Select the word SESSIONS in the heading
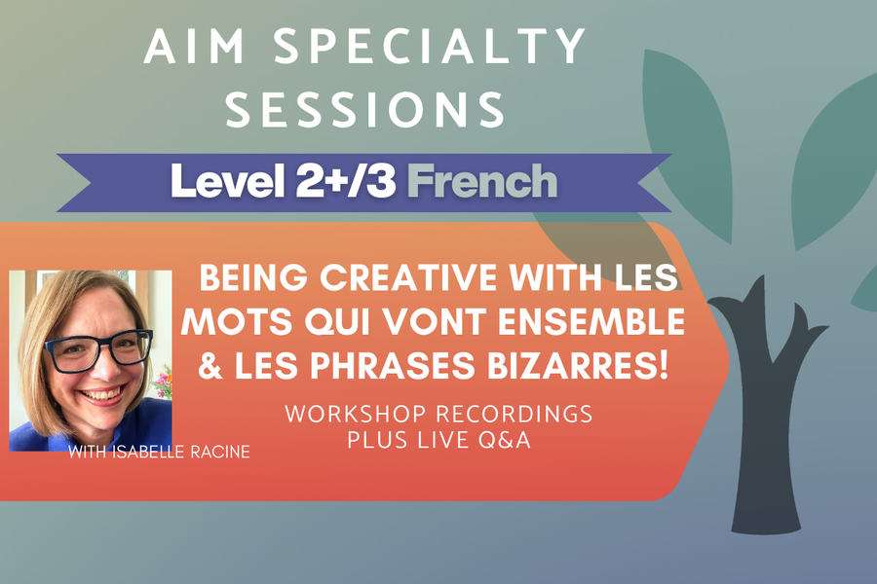pyautogui.click(x=365, y=110)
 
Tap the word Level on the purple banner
pyautogui.click(x=221, y=182)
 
